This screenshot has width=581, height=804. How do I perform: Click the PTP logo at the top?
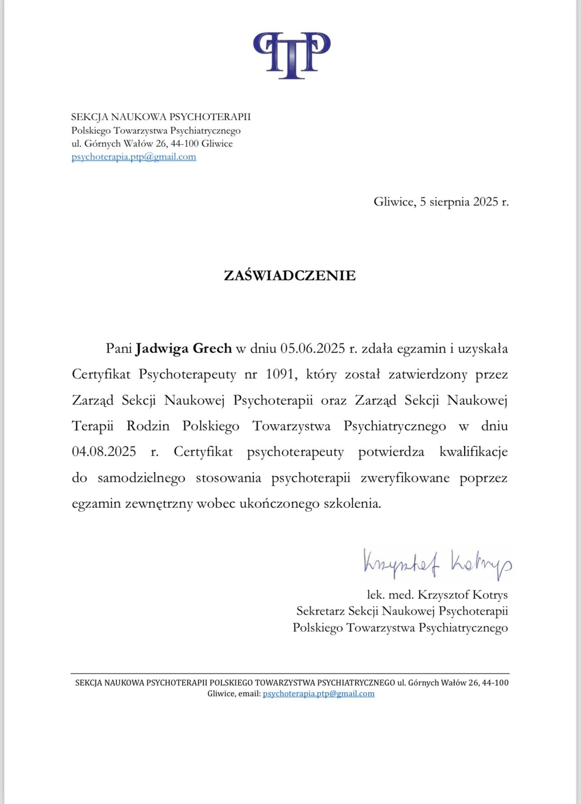291,55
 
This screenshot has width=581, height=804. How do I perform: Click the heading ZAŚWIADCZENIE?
290,275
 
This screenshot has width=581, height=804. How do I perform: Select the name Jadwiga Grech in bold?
184,348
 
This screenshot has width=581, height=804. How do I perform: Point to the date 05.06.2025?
313,348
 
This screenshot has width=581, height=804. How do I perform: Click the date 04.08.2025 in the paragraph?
104,452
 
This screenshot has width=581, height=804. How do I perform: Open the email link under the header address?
134,157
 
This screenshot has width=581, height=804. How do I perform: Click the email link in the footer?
319,693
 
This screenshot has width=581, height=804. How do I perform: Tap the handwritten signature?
437,564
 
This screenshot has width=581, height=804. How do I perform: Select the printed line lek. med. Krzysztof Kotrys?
437,594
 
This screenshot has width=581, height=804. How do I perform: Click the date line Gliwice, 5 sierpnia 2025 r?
441,201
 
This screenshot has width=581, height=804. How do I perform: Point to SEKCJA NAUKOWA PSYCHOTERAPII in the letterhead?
161,117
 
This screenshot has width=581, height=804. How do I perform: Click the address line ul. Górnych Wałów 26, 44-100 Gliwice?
152,144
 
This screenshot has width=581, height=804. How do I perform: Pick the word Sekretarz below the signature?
320,611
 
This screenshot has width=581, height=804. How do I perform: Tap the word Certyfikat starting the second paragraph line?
101,374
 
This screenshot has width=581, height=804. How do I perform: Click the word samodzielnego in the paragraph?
141,478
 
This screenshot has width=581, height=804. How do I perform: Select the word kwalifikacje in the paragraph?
473,452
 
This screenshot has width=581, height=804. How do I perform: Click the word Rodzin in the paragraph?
148,426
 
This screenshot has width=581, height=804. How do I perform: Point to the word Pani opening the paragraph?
119,348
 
